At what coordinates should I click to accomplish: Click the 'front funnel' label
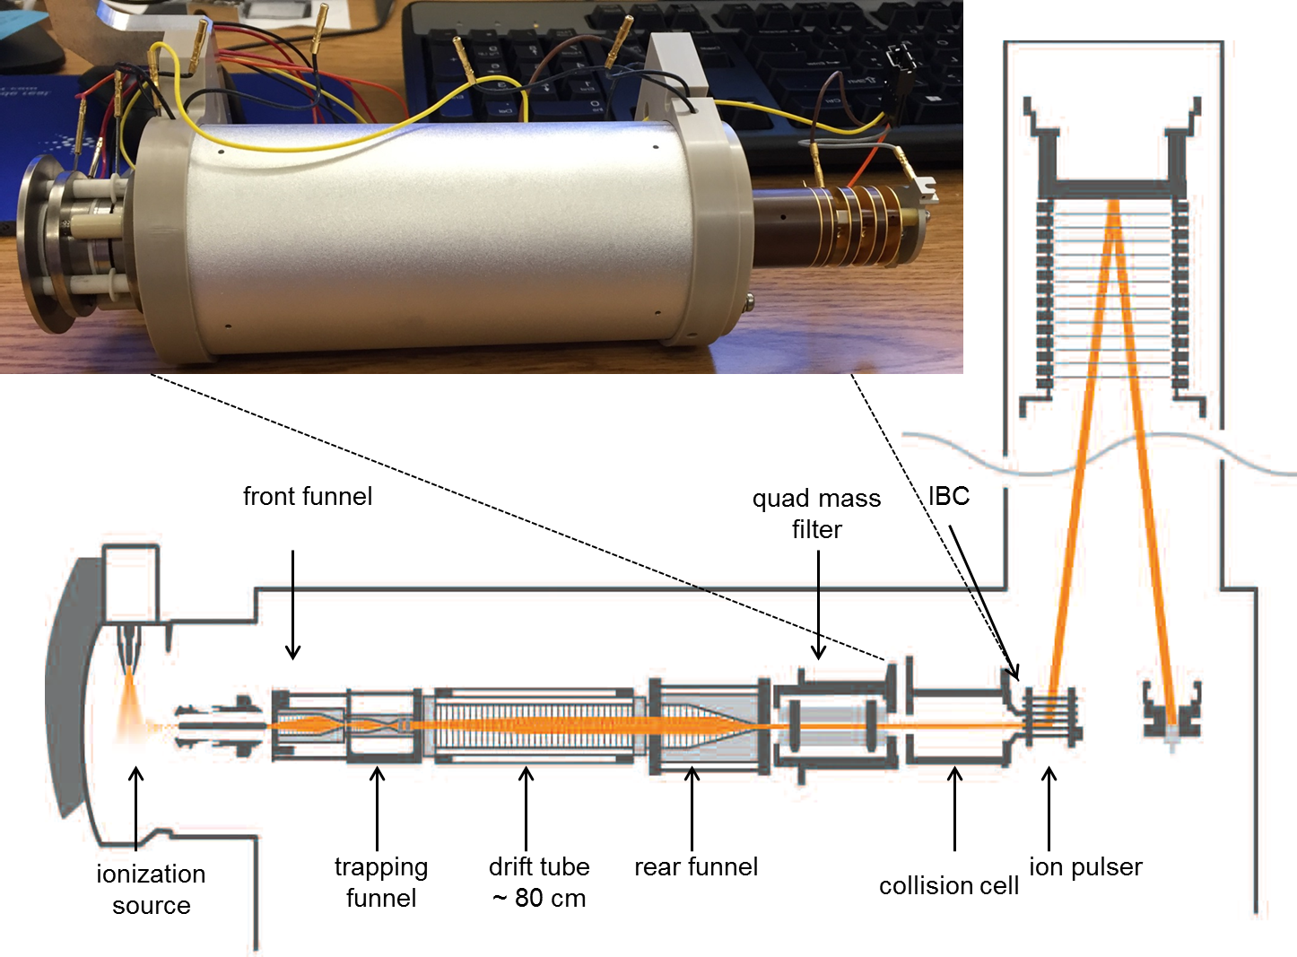click(x=308, y=496)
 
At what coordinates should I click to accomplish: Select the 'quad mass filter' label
click(x=816, y=514)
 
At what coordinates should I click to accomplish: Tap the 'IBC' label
click(x=949, y=496)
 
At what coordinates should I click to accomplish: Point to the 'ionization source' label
click(x=151, y=889)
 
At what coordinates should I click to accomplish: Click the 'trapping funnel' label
click(x=381, y=882)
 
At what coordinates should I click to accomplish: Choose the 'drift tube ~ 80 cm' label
click(x=539, y=882)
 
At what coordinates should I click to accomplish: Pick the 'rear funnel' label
click(x=696, y=866)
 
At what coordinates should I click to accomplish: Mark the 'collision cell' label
click(x=949, y=885)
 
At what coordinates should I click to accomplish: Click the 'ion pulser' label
click(x=1085, y=866)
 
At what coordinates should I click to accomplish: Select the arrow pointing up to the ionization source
click(x=135, y=807)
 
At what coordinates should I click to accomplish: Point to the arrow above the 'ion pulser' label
click(x=1049, y=807)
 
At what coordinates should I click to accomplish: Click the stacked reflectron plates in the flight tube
click(x=1112, y=296)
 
